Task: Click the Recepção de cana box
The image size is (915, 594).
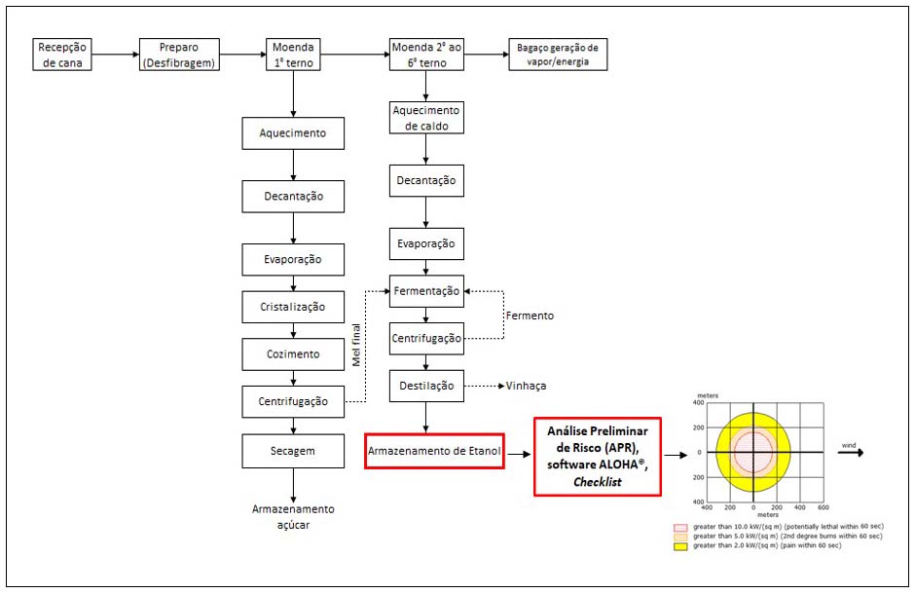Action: [x=63, y=55]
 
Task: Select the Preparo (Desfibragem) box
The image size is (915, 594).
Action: [x=178, y=55]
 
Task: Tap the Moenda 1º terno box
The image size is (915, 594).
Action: [x=293, y=55]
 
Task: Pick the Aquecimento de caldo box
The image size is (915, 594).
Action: [x=426, y=118]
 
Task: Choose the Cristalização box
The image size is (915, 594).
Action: [x=293, y=307]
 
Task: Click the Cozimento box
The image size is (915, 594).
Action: [x=293, y=353]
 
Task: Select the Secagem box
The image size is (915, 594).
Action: [x=293, y=451]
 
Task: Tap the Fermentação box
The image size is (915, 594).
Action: [x=426, y=290]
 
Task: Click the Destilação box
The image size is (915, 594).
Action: [x=426, y=386]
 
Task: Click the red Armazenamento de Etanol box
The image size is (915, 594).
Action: [x=434, y=451]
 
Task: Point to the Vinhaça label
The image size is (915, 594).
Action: [x=526, y=386]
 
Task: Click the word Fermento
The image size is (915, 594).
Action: [x=530, y=316]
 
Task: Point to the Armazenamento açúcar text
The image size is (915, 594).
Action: [x=293, y=516]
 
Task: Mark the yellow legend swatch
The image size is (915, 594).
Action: [x=679, y=545]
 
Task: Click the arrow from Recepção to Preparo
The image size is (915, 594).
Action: [x=114, y=55]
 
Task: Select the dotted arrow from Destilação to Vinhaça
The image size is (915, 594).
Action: [x=482, y=386]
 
